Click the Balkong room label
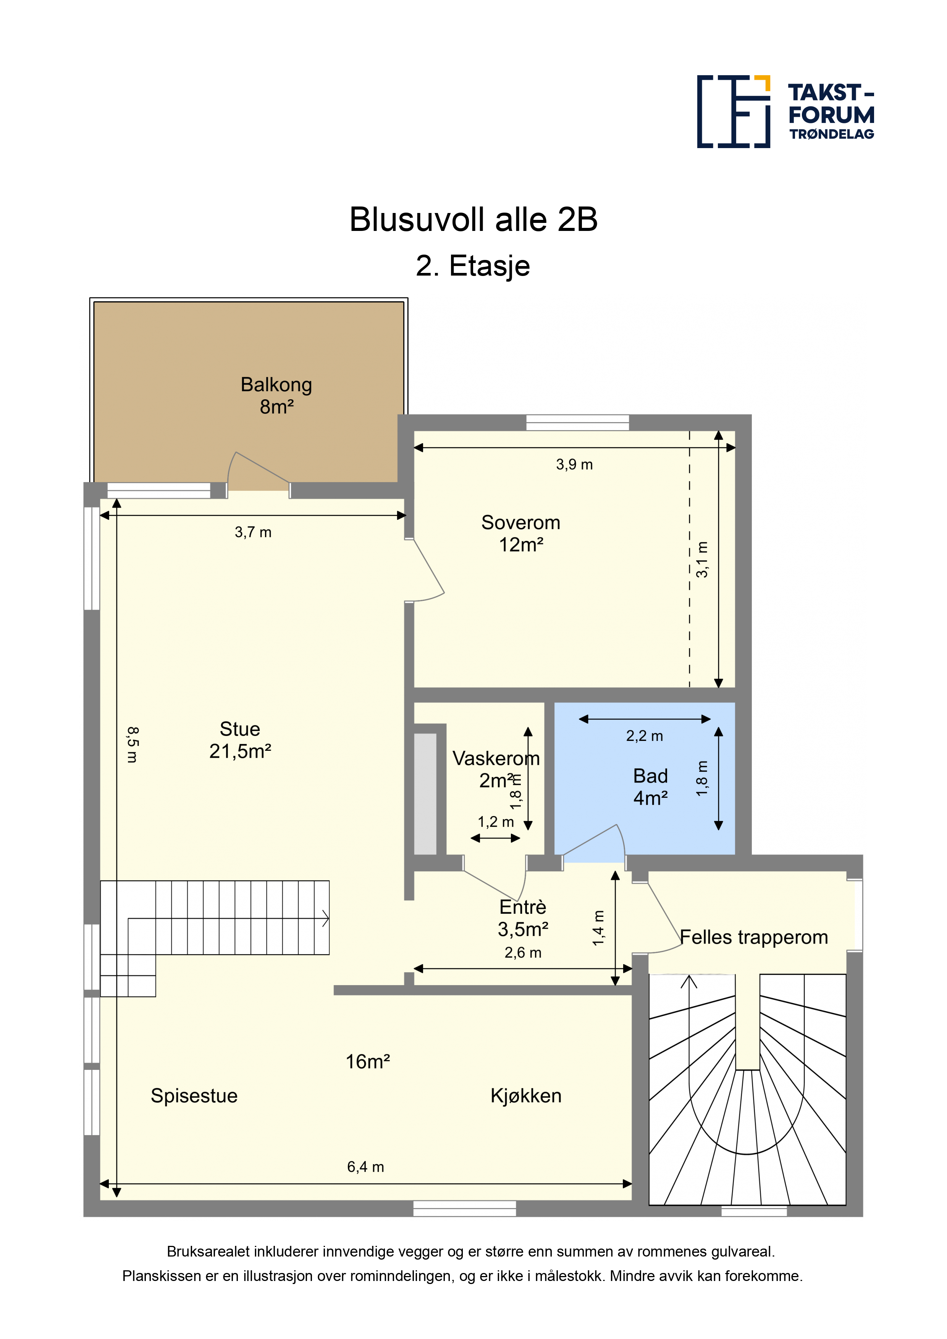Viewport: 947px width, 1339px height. point(276,395)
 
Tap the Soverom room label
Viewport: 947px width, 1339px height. point(520,533)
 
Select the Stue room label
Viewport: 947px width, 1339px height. point(240,739)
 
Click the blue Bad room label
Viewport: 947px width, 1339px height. point(651,787)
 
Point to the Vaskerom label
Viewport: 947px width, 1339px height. point(496,758)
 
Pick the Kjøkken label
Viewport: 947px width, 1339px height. point(526,1096)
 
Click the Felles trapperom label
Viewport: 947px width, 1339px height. point(754,937)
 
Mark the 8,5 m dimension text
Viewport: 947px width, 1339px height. point(133,745)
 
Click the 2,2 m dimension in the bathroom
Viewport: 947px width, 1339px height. point(644,736)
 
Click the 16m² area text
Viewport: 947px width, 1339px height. point(368,1062)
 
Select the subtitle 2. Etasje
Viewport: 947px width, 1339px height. point(473,266)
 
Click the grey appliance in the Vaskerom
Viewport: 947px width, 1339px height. point(425,793)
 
